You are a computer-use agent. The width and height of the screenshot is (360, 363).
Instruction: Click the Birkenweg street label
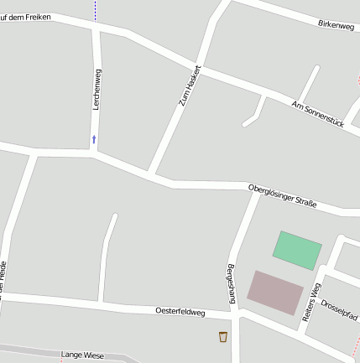(x=337, y=25)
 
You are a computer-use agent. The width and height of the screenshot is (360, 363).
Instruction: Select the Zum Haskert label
(x=190, y=85)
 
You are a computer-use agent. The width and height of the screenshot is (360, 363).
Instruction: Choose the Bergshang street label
(x=231, y=283)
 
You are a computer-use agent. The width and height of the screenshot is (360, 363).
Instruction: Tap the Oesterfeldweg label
(x=180, y=311)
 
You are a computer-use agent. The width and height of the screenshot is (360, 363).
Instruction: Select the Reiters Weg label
(x=311, y=302)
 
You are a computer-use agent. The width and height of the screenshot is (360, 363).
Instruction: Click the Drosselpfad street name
(x=340, y=309)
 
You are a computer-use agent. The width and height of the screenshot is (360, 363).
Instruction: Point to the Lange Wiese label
(x=82, y=355)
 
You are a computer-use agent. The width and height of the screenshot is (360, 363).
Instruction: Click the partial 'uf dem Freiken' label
(x=25, y=16)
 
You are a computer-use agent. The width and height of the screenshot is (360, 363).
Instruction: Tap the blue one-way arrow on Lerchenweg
(x=94, y=138)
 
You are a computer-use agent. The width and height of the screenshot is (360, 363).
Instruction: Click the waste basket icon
(x=223, y=337)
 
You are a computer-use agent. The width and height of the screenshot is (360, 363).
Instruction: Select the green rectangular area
(x=297, y=250)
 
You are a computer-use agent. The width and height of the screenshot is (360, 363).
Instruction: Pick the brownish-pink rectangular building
(x=275, y=292)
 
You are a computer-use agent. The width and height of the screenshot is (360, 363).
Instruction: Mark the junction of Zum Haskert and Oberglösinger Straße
(x=151, y=174)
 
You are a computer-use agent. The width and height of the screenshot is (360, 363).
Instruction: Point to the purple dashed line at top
(x=95, y=9)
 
